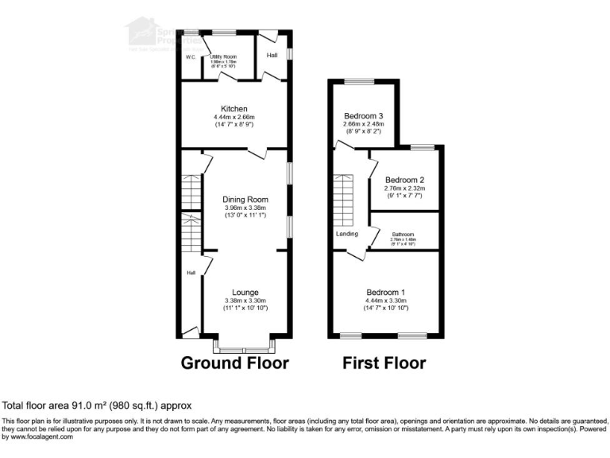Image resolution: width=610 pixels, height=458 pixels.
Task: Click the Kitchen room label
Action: pos(234,109)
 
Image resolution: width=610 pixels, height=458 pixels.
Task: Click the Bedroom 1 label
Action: pos(385,293)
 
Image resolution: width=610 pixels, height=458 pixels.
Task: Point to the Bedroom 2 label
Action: pos(405,180)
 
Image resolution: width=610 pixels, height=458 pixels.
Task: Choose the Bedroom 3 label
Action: pos(364,115)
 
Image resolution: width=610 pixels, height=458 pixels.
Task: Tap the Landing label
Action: pos(346,234)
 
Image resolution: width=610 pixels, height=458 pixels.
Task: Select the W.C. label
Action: pos(191,57)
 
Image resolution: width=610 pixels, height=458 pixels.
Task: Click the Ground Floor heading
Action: pos(234,363)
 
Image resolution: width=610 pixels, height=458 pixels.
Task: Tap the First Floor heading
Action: pos(384,363)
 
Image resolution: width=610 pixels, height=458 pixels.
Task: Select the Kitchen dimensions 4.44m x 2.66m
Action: pos(234,118)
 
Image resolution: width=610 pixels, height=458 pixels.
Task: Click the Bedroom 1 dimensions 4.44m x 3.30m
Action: pos(385,301)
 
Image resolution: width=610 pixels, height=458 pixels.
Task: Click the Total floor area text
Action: pos(97,406)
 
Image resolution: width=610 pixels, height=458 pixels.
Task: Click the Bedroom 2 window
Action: pos(422,147)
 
